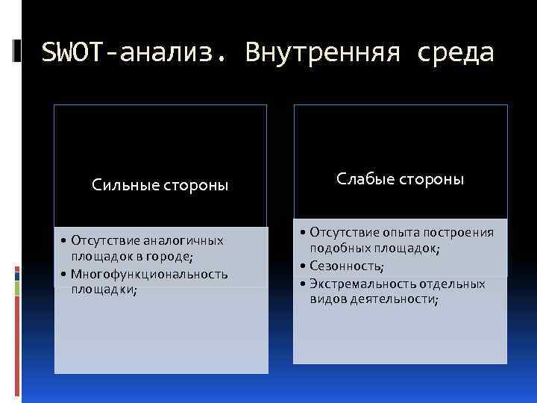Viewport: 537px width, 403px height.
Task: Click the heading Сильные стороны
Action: pyautogui.click(x=160, y=184)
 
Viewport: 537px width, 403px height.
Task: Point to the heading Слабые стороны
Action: pyautogui.click(x=400, y=179)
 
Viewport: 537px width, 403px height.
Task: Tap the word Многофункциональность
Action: pyautogui.click(x=149, y=274)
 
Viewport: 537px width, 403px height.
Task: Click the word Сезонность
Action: pyautogui.click(x=347, y=266)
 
